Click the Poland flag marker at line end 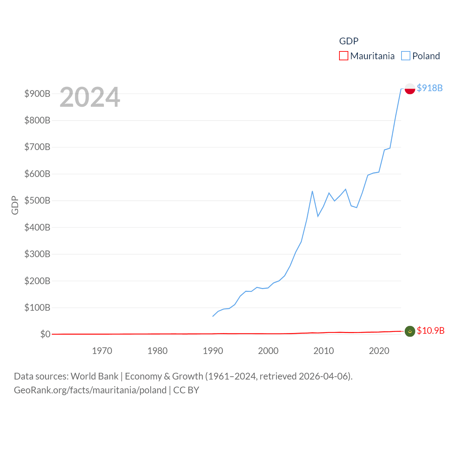pos(410,89)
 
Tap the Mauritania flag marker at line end pos(410,331)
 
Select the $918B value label pos(430,88)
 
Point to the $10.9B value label pos(430,331)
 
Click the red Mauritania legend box pos(343,56)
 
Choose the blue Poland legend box pos(405,56)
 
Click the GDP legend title pos(349,41)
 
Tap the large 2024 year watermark pos(90,97)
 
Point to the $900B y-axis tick pos(37,94)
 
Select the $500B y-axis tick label pos(37,201)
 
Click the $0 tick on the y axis pos(45,334)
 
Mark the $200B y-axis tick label pos(37,281)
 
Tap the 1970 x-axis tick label pos(102,351)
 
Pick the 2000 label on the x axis pos(268,351)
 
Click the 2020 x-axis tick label pos(379,351)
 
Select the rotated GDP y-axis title pos(15,205)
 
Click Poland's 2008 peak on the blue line pos(312,191)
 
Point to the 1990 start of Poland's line pos(213,316)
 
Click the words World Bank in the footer pos(94,376)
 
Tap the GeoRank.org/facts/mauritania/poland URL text pos(90,390)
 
